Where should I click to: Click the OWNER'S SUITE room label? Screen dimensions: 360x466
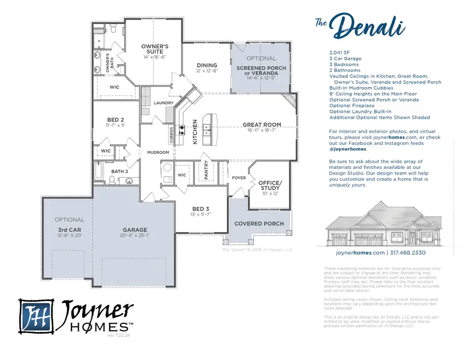pyautogui.click(x=155, y=49)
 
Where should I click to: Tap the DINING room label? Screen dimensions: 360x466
pyautogui.click(x=207, y=65)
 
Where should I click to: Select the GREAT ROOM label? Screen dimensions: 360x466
pyautogui.click(x=262, y=125)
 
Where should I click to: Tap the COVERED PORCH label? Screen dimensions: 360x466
pyautogui.click(x=259, y=224)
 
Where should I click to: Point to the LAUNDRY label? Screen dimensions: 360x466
pyautogui.click(x=164, y=103)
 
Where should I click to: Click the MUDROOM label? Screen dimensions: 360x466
pyautogui.click(x=158, y=152)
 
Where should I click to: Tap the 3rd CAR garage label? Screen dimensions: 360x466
pyautogui.click(x=69, y=229)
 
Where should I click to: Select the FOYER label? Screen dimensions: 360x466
pyautogui.click(x=239, y=178)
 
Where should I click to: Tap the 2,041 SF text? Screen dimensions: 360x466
pyautogui.click(x=340, y=53)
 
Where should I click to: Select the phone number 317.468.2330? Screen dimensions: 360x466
pyautogui.click(x=408, y=253)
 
